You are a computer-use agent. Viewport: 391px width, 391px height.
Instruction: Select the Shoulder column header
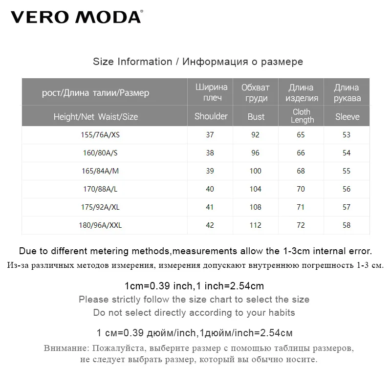[211, 116]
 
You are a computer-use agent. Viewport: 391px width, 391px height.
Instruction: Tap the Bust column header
[256, 117]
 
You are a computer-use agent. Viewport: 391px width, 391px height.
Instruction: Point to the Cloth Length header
[302, 116]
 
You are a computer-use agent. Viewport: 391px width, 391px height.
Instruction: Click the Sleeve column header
[347, 117]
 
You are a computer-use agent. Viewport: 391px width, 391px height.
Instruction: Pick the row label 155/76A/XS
[101, 135]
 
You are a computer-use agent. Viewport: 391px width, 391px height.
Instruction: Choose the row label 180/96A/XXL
[101, 225]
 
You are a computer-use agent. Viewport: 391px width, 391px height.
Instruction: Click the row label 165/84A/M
[101, 171]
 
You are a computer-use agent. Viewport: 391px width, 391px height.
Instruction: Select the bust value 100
[255, 171]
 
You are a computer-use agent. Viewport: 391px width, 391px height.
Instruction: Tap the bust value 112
[255, 225]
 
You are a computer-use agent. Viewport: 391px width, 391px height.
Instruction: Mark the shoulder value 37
[210, 135]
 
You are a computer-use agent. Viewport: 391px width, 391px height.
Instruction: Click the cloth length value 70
[301, 189]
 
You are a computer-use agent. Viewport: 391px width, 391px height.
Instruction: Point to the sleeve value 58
[347, 225]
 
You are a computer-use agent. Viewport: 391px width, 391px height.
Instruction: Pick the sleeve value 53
[347, 135]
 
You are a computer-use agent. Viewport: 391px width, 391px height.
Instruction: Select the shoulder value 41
[210, 207]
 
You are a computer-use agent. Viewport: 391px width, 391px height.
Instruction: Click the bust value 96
[255, 153]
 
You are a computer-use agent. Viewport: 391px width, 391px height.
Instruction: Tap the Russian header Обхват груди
[256, 92]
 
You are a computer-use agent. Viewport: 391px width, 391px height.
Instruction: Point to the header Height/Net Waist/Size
[96, 117]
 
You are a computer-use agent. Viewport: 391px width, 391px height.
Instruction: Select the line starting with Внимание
[198, 349]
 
